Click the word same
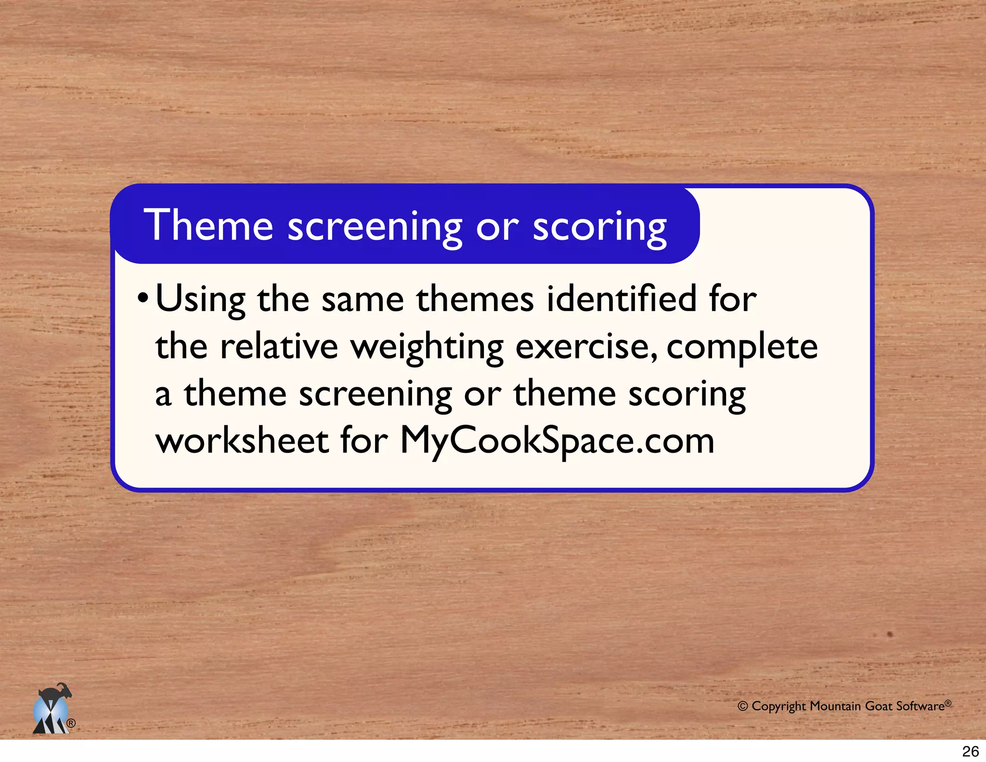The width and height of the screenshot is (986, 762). click(363, 300)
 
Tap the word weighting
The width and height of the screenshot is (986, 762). click(427, 348)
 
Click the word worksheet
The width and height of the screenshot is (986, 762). click(242, 440)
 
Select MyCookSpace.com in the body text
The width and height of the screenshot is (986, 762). click(557, 441)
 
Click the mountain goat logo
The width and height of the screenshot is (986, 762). click(52, 709)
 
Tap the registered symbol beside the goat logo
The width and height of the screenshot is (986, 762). click(71, 723)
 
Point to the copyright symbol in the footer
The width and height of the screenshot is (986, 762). click(742, 706)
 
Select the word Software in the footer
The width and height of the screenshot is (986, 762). click(920, 706)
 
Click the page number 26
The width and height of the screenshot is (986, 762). click(970, 751)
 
